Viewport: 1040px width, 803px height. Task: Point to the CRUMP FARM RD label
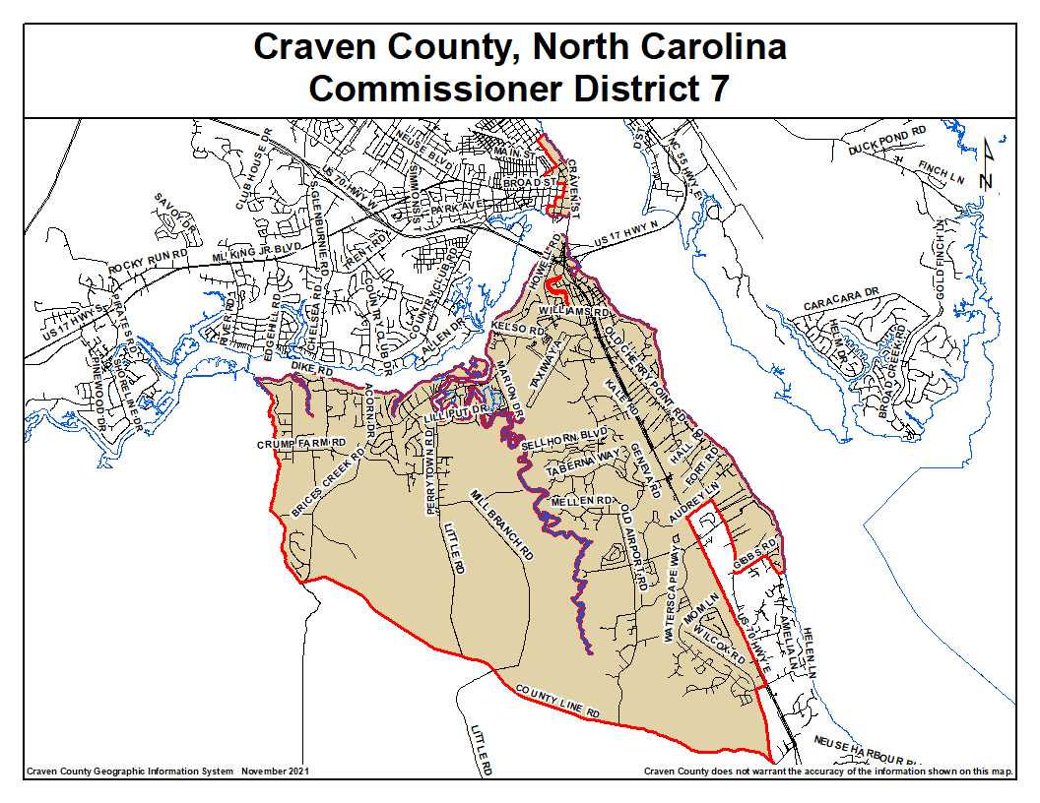point(301,444)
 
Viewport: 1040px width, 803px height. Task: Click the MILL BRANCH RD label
point(502,525)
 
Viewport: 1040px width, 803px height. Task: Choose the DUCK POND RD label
point(887,141)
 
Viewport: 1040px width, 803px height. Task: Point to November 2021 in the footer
point(275,772)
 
